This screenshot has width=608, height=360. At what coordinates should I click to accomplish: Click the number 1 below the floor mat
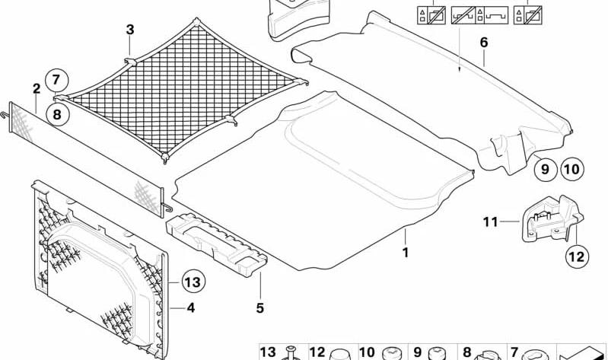pyautogui.click(x=405, y=253)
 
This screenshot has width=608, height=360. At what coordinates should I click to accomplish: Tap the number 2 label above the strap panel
pyautogui.click(x=37, y=89)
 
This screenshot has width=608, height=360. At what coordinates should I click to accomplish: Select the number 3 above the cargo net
pyautogui.click(x=130, y=30)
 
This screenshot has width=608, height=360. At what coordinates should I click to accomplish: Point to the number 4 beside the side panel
pyautogui.click(x=190, y=308)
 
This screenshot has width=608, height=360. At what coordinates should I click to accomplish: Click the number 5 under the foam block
pyautogui.click(x=259, y=308)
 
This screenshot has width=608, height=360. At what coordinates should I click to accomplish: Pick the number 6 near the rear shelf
pyautogui.click(x=483, y=43)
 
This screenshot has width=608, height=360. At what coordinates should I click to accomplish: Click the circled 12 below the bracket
pyautogui.click(x=577, y=256)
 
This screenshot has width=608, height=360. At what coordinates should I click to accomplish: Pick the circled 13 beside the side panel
pyautogui.click(x=193, y=282)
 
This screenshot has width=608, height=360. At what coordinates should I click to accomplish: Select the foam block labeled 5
pyautogui.click(x=216, y=244)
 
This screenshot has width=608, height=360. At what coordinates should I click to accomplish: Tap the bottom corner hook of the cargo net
pyautogui.click(x=165, y=158)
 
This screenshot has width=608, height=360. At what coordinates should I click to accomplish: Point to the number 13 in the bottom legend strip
pyautogui.click(x=268, y=352)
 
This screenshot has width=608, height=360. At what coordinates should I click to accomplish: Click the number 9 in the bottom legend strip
pyautogui.click(x=417, y=352)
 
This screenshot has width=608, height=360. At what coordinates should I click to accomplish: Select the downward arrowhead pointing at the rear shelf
pyautogui.click(x=460, y=69)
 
